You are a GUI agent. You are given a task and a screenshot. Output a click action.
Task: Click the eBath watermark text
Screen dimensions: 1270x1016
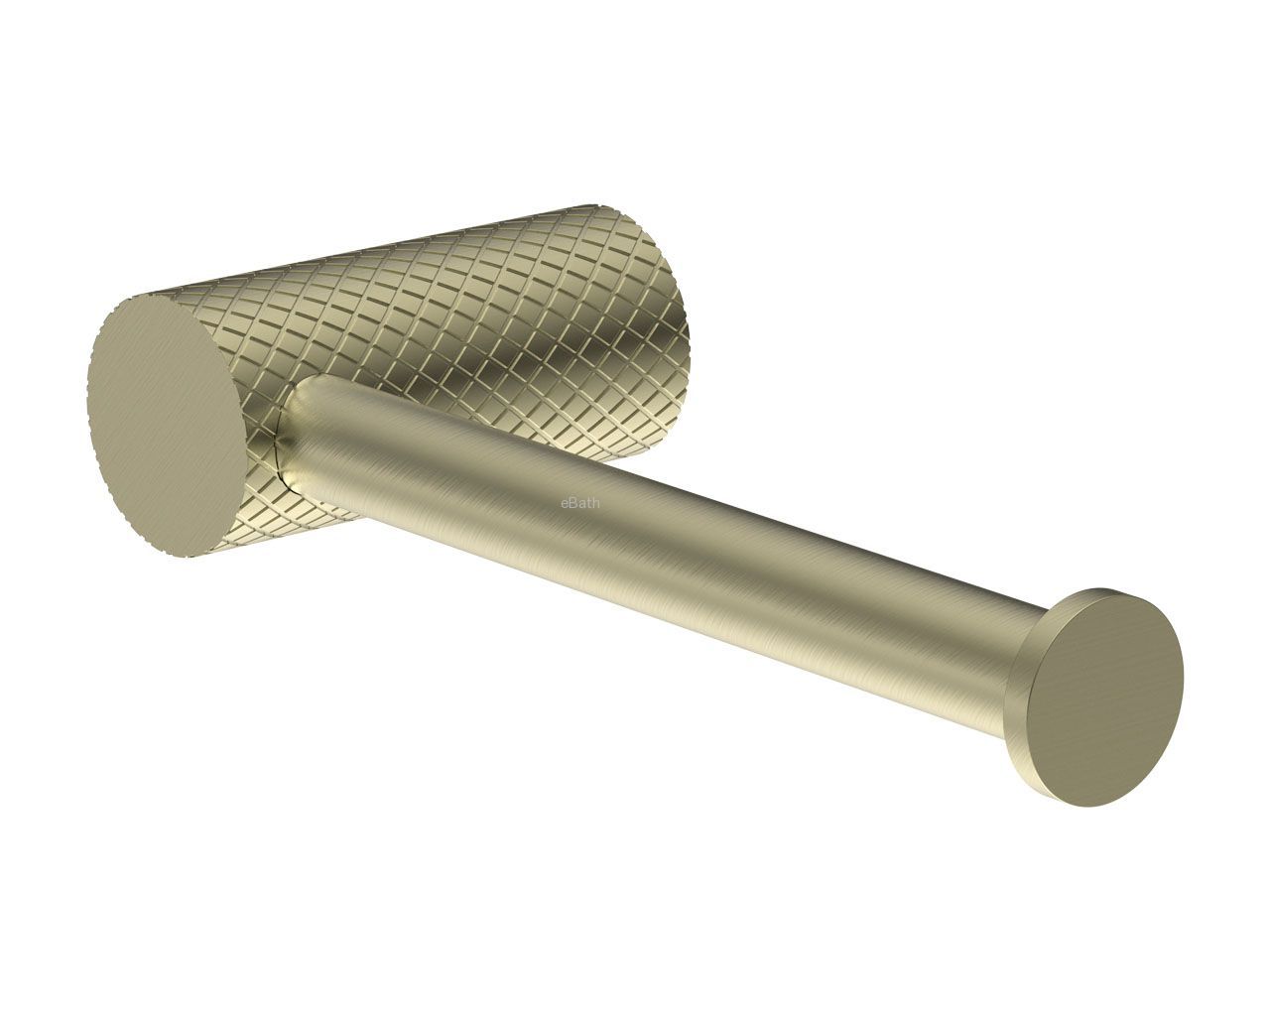[580, 504]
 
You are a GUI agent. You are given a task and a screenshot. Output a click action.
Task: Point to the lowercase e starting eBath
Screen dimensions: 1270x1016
[565, 505]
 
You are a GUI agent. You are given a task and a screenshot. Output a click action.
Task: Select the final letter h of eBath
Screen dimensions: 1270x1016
[596, 504]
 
